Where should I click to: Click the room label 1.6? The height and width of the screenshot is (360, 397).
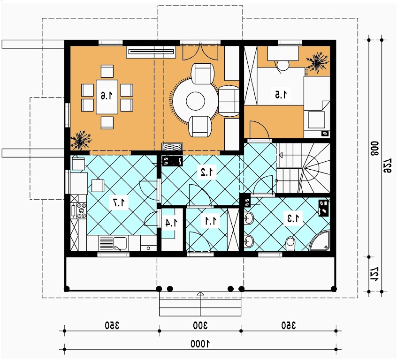tap(107, 96)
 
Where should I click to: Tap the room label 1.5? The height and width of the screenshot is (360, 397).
tap(282, 95)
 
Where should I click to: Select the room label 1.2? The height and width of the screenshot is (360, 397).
tap(207, 172)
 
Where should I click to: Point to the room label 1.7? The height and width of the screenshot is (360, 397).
tap(119, 202)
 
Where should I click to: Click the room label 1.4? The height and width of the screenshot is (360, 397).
tap(171, 223)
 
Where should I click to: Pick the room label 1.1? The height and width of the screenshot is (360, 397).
tap(211, 221)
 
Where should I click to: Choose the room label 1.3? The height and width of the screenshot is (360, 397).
tap(293, 218)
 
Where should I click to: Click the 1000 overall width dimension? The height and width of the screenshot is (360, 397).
tap(200, 344)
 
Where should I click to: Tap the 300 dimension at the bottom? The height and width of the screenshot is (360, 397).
tap(200, 325)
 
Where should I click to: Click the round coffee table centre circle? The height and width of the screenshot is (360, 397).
tap(196, 101)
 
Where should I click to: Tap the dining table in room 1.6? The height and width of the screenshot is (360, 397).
tap(107, 97)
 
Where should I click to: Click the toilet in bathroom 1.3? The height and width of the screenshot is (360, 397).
tap(290, 244)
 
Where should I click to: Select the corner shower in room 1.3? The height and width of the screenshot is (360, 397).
tap(320, 240)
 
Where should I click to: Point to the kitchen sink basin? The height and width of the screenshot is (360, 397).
tap(120, 243)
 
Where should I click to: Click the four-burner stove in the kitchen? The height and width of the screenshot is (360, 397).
tap(81, 210)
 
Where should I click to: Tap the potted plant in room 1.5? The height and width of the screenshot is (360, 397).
tap(316, 62)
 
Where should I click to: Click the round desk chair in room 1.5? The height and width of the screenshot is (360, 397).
tap(283, 66)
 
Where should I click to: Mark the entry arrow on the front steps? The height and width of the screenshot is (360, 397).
tap(200, 294)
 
